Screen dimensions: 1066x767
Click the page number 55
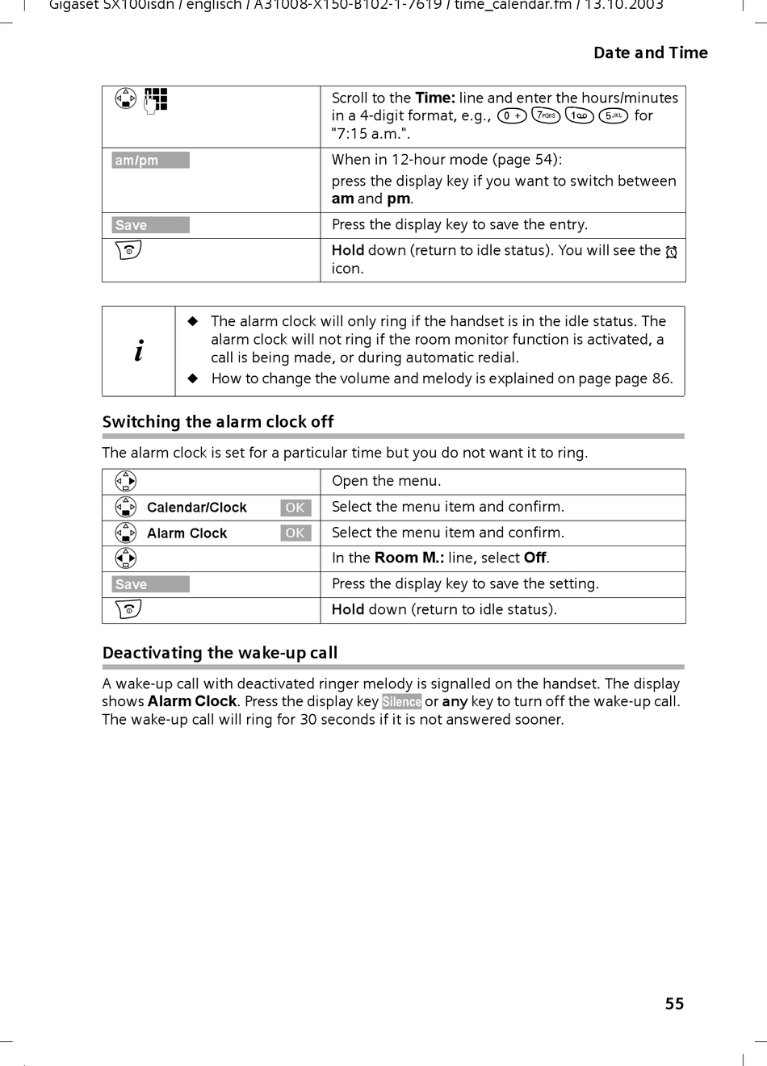click(674, 1003)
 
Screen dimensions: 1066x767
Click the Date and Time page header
click(650, 53)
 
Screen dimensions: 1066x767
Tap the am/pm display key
click(150, 161)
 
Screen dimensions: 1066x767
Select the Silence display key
click(401, 702)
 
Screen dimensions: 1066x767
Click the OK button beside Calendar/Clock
click(295, 508)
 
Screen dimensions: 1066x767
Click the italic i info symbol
click(139, 351)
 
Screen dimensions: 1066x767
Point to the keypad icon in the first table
click(156, 99)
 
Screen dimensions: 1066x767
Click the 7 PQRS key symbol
click(546, 116)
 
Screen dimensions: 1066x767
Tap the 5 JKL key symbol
click(614, 116)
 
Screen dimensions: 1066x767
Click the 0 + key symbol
click(512, 116)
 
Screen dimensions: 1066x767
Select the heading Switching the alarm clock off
click(218, 422)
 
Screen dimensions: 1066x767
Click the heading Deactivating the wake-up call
click(220, 653)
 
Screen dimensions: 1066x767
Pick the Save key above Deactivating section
click(150, 584)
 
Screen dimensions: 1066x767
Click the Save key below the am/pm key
click(150, 225)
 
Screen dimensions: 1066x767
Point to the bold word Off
click(535, 558)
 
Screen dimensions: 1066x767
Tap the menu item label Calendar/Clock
click(197, 508)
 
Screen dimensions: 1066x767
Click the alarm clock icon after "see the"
click(671, 253)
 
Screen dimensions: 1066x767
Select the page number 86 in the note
click(661, 378)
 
